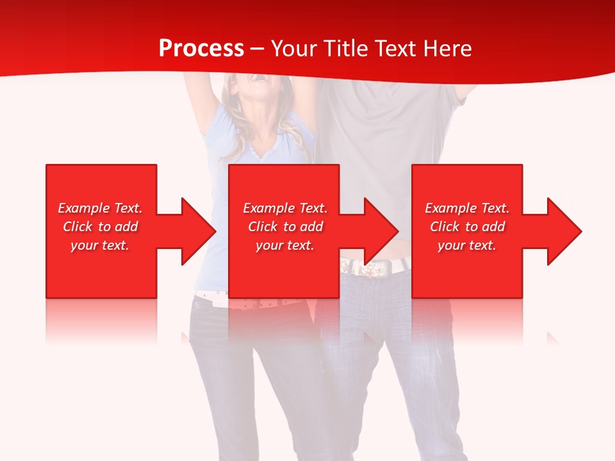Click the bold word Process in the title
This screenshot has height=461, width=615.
click(x=201, y=49)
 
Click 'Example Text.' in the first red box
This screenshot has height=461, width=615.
click(x=101, y=208)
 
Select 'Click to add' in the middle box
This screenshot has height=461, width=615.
click(x=285, y=227)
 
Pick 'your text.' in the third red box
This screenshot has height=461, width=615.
click(x=467, y=245)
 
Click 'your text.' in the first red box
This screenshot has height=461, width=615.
click(x=101, y=245)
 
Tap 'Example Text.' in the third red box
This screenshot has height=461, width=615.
click(x=467, y=208)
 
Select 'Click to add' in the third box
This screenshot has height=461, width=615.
click(x=467, y=227)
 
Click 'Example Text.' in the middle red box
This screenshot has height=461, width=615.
click(x=285, y=208)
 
